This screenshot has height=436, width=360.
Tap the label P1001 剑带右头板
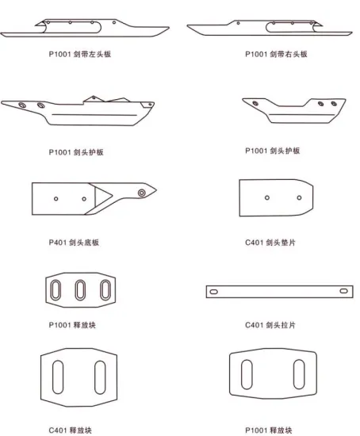tap(274, 54)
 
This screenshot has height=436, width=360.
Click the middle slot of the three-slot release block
tap(80, 290)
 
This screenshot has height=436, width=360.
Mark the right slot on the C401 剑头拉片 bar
tap(341, 293)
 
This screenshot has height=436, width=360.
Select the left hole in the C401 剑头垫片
tap(267, 197)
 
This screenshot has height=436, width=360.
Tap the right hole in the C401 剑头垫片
tap(299, 197)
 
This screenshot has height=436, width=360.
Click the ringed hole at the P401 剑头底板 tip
tap(140, 193)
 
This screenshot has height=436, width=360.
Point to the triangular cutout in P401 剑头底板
tap(101, 197)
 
